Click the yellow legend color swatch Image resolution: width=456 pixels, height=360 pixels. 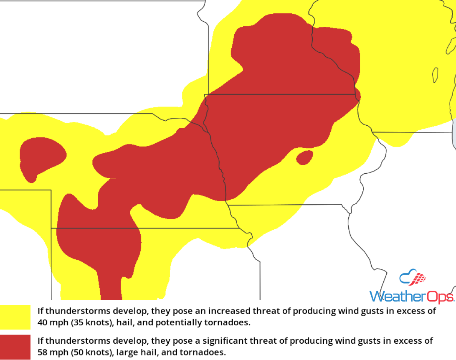tap(15, 317)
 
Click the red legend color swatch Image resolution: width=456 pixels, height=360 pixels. tap(15, 347)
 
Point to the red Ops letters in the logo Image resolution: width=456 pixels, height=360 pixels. tap(438, 297)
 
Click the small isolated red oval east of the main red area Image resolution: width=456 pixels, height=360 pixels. tap(304, 157)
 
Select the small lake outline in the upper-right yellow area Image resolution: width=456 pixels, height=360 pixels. tap(435, 75)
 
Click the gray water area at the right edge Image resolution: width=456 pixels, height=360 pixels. tap(454, 134)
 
